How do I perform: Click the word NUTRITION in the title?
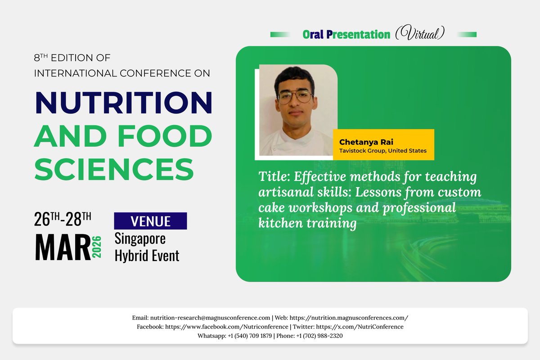click(x=123, y=103)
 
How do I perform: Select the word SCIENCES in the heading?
click(x=114, y=169)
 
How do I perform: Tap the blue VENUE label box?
click(x=150, y=221)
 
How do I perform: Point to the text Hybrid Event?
click(x=147, y=256)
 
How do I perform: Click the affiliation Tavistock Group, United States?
click(x=382, y=151)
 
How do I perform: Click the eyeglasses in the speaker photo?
click(x=295, y=96)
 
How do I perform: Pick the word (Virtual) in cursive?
click(x=420, y=34)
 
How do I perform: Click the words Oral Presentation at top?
click(x=346, y=34)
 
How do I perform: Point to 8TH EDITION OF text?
click(x=72, y=58)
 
